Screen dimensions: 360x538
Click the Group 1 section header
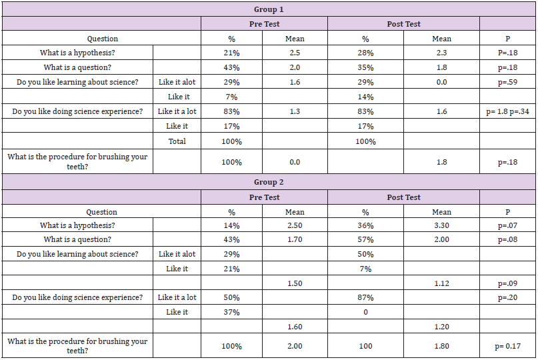coord(268,9)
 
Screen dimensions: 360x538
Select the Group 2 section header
coord(268,182)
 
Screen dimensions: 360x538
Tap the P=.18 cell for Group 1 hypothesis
coord(508,53)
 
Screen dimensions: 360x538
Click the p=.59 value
coord(508,82)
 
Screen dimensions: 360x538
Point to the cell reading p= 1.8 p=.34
coord(508,111)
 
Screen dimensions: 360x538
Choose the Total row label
coord(177,141)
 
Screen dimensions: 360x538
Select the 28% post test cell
coord(365,53)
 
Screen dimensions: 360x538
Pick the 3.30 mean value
coord(441,225)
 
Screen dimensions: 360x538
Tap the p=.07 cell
coord(508,225)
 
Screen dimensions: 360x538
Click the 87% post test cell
coord(365,297)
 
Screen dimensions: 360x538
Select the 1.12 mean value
coord(441,283)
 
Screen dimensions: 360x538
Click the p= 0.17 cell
coord(508,345)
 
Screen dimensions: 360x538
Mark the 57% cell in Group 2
coord(365,239)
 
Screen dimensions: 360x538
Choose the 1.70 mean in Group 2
coord(295,239)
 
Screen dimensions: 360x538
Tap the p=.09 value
coord(508,283)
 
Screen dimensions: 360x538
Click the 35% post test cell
coord(365,67)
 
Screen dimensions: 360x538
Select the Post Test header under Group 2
coord(403,197)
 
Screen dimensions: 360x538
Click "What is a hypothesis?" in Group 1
coord(77,53)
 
